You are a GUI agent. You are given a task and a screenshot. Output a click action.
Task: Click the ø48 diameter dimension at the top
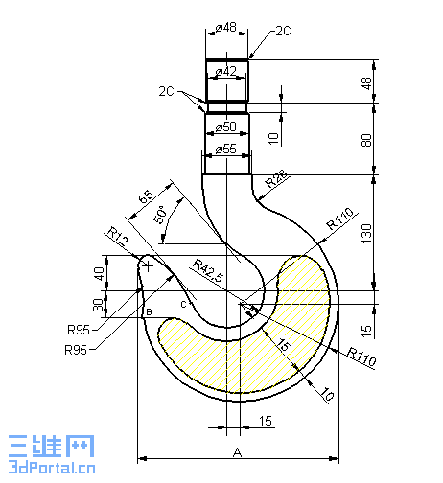(226, 28)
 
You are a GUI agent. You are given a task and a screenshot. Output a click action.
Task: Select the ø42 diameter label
(226, 72)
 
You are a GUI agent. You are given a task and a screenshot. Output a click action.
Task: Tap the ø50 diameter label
(226, 126)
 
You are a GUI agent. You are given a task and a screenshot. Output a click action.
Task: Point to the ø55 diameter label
(226, 149)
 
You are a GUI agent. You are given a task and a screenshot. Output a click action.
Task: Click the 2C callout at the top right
(282, 31)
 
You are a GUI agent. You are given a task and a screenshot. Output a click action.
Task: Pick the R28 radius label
(276, 179)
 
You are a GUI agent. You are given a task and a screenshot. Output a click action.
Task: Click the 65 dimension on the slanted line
(146, 197)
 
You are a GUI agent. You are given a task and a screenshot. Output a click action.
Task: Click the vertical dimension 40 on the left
(98, 273)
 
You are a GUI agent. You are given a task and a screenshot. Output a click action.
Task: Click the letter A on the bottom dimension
(236, 451)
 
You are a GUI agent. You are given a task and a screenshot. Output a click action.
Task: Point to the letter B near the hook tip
(148, 311)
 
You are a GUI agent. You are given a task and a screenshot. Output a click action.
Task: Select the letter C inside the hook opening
(181, 304)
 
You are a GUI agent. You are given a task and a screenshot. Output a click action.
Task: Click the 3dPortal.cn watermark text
(49, 468)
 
